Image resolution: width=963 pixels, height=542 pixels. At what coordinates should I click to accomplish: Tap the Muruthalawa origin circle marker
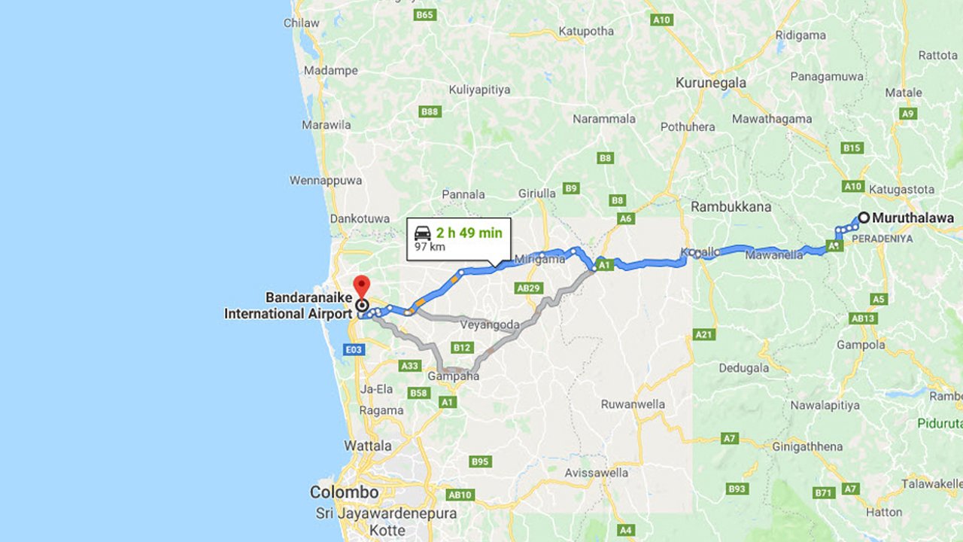(x=864, y=218)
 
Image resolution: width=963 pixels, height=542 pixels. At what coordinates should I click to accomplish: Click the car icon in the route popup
(x=423, y=233)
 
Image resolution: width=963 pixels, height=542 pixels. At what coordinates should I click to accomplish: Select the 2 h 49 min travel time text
(x=469, y=233)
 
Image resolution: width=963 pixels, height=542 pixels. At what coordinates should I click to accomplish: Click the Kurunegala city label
(x=710, y=83)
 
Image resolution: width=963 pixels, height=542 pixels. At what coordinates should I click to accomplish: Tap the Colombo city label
(x=344, y=492)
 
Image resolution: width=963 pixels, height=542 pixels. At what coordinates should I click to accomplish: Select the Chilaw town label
(x=301, y=23)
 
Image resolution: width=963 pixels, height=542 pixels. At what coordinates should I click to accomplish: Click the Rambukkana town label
(x=731, y=206)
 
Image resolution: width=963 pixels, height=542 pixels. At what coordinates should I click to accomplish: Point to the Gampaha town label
(x=454, y=376)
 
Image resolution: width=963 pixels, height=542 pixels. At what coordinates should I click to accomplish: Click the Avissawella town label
(x=596, y=473)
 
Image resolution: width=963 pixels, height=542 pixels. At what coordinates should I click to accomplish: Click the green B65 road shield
(x=425, y=15)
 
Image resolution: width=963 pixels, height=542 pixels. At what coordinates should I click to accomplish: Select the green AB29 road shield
(x=528, y=288)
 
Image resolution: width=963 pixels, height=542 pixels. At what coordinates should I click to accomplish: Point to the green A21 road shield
(x=704, y=334)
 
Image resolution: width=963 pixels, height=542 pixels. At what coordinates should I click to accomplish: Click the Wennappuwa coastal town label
(x=326, y=181)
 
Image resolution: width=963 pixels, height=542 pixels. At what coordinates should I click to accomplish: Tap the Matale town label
(x=903, y=93)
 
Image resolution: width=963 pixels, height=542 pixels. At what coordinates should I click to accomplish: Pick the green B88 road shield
(x=430, y=111)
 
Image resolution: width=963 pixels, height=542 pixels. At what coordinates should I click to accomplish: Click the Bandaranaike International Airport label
(x=287, y=306)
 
